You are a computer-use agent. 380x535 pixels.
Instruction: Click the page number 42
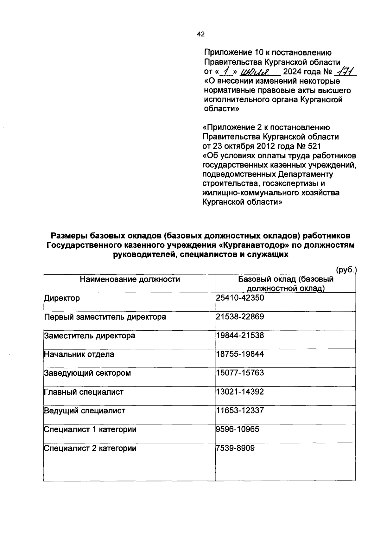click(x=201, y=34)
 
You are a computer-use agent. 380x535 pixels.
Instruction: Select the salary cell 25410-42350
click(x=240, y=298)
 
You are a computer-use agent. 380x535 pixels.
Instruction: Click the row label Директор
click(x=62, y=298)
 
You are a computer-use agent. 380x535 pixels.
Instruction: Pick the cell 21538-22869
click(x=240, y=316)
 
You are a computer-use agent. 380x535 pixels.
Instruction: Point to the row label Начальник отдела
click(x=79, y=354)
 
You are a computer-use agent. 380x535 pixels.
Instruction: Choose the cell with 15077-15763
click(x=240, y=373)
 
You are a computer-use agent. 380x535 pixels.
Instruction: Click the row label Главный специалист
click(x=84, y=392)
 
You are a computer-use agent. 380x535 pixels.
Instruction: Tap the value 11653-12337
click(x=240, y=411)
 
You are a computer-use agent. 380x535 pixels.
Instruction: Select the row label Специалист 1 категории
click(x=90, y=430)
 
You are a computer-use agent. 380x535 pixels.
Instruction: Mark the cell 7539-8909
click(x=235, y=448)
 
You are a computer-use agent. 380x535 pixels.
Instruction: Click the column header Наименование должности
click(x=130, y=279)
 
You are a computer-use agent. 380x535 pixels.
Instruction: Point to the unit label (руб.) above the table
click(x=346, y=270)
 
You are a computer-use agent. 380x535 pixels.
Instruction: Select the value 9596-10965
click(x=237, y=429)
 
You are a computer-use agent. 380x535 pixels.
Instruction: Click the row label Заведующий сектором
click(x=87, y=373)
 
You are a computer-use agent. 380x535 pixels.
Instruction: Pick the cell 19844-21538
click(x=240, y=335)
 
